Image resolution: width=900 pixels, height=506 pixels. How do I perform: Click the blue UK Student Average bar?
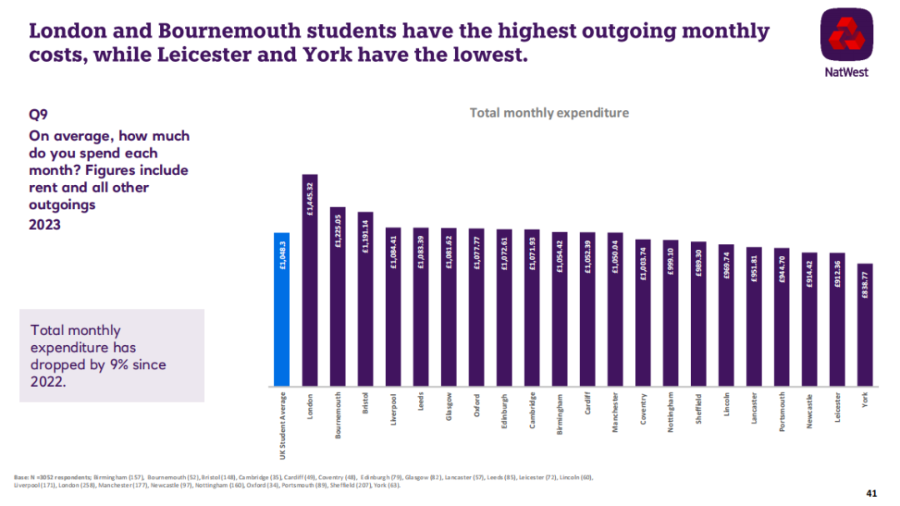click(x=282, y=309)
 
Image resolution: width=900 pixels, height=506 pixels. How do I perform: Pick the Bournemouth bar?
click(x=337, y=297)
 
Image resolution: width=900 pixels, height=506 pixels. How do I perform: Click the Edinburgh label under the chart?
click(x=504, y=411)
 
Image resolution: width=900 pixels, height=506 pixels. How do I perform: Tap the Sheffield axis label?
click(x=698, y=410)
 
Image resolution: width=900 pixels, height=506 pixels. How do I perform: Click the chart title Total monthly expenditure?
click(x=549, y=113)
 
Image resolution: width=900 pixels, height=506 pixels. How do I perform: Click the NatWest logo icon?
click(x=845, y=37)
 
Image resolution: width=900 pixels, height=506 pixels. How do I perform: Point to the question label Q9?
click(x=38, y=118)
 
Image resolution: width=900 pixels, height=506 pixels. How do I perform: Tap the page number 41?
click(x=872, y=493)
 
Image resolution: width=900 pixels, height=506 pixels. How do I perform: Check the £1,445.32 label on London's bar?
click(x=310, y=198)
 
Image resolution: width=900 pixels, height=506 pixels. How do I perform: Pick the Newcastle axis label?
click(x=810, y=410)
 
